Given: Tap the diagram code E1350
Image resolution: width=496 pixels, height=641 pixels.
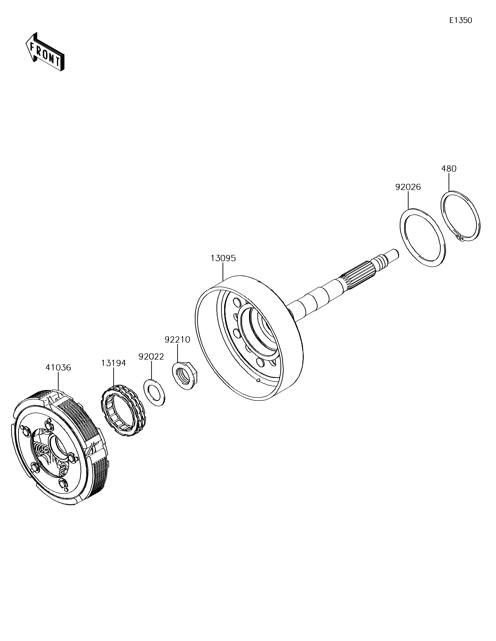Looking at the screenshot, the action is (x=460, y=20).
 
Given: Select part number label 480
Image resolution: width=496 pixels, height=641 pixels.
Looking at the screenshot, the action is (x=449, y=169).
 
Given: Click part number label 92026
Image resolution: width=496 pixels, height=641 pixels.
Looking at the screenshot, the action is (x=408, y=187).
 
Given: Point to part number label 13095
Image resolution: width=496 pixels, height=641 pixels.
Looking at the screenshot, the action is (x=223, y=258).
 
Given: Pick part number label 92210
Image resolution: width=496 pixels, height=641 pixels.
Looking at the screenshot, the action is (x=177, y=340).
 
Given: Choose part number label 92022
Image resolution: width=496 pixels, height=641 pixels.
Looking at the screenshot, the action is (x=151, y=357).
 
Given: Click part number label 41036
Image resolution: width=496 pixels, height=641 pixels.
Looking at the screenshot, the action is (x=58, y=367).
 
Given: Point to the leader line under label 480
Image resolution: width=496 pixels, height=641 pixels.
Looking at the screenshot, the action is (x=449, y=182).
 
